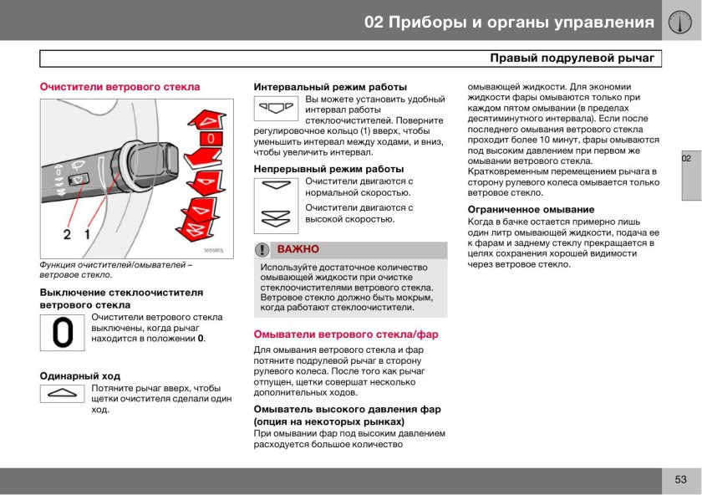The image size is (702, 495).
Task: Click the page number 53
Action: tap(680, 479)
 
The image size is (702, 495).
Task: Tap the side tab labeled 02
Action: tap(686, 159)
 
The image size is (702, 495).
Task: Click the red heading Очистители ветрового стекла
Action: tap(120, 86)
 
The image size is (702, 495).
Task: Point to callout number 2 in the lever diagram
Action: tap(68, 234)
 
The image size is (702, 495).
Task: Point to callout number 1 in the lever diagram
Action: tap(87, 234)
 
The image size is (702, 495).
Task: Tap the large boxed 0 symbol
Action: tap(63, 334)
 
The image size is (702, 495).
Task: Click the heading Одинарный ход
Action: tap(80, 375)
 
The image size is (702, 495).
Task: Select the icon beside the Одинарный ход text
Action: tap(63, 393)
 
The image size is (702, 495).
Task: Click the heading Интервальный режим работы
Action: tap(330, 86)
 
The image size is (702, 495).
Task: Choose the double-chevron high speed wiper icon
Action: tap(277, 218)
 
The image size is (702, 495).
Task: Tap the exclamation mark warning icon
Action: tap(263, 250)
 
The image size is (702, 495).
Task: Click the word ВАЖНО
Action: tap(298, 250)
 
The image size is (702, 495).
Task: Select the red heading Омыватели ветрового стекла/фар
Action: tap(346, 334)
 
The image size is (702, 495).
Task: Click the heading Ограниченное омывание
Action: tap(531, 209)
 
